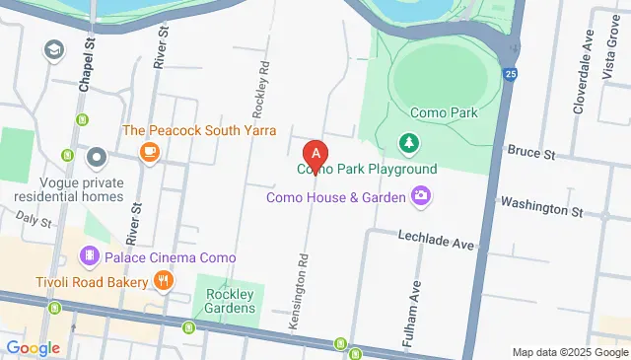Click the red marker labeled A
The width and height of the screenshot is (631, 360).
[x=315, y=155]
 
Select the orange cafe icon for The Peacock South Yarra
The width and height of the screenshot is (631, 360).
[x=150, y=152]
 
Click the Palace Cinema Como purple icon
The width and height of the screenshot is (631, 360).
[x=90, y=257]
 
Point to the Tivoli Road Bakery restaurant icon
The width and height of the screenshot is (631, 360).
[x=164, y=282]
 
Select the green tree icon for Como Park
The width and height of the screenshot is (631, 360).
[x=408, y=145]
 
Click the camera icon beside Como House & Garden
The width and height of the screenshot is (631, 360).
[x=421, y=196]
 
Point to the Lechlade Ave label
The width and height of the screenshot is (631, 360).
[x=437, y=237]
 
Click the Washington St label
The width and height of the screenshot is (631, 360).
[x=542, y=210]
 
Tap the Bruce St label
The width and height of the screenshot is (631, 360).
[x=531, y=153]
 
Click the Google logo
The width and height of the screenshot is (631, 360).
[x=33, y=347]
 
